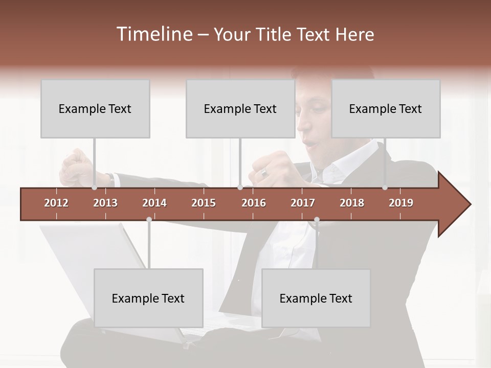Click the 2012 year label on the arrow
[56, 203]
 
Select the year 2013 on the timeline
[105, 203]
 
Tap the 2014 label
[154, 203]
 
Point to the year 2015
[204, 203]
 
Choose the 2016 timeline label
[254, 203]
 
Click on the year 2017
[303, 203]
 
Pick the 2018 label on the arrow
[352, 203]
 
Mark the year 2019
[401, 203]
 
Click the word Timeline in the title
[153, 34]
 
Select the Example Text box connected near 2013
[95, 108]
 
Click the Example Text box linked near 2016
[240, 108]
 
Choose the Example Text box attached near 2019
[386, 108]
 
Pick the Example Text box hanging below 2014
[148, 298]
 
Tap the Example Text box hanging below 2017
[316, 298]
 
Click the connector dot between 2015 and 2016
[240, 188]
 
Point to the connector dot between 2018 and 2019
[385, 188]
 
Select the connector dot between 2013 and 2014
[149, 219]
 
